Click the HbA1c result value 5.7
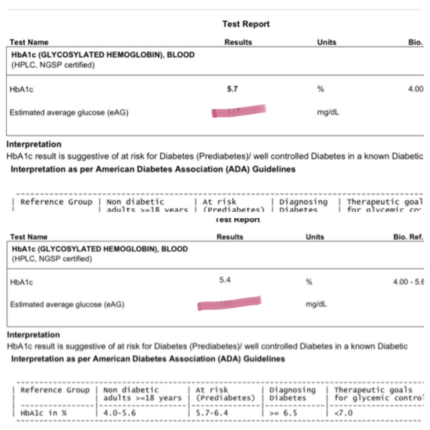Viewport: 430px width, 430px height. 232,89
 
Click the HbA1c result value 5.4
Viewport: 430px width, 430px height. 225,280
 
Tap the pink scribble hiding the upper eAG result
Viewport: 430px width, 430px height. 239,111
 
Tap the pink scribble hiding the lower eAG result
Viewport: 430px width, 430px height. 229,303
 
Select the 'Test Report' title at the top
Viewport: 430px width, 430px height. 246,24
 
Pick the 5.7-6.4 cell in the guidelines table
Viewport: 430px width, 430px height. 212,413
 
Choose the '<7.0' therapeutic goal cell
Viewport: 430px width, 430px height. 344,413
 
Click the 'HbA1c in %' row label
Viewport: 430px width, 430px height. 44,413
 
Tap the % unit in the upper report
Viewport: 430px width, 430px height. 320,89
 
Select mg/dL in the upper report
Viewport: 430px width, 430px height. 328,112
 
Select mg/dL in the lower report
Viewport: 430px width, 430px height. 316,305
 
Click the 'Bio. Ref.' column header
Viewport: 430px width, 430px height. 408,237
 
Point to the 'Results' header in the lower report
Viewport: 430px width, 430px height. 230,237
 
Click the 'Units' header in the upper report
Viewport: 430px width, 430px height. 327,43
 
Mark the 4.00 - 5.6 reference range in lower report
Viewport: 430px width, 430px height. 408,282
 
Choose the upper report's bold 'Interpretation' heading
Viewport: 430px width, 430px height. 34,144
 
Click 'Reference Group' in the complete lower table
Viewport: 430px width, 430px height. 55,390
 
